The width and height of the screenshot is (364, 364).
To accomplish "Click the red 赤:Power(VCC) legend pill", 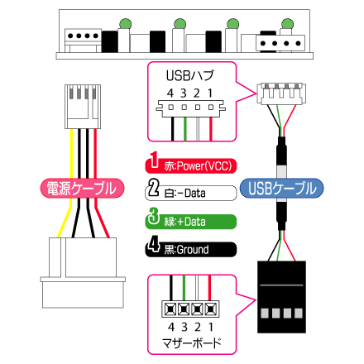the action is pos(191,165).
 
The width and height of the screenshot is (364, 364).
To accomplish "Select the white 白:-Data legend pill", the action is pos(191,193).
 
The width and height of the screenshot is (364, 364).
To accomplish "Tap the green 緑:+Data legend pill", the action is pos(191,222).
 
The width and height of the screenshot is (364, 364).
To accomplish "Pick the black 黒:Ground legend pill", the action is pos(191,249).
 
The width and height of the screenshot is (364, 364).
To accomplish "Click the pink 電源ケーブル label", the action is pos(82,188).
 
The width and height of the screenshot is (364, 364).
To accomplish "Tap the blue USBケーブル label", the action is pos(282,188).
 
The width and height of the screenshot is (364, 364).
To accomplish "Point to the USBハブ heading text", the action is pos(190,75).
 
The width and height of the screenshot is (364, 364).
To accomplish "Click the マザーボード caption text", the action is pos(192,342).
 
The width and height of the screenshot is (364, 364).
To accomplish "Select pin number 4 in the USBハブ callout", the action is pos(170,93).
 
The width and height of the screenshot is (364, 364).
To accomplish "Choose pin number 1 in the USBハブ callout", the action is pos(210,93).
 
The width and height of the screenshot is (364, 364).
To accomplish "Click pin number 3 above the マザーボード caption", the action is pos(184,327).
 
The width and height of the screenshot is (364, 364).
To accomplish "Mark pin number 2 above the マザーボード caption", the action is pos(198,327).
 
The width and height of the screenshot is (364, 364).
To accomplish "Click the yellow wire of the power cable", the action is pos(68,183).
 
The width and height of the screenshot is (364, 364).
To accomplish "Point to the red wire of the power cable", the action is pos(99,183).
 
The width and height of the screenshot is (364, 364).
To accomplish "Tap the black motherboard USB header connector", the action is pos(281,297).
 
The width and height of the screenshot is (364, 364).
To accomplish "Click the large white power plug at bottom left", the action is pos(83,273).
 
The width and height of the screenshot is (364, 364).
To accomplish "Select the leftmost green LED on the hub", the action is pos(126,23).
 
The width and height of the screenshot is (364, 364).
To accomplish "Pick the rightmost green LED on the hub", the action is pos(288,24).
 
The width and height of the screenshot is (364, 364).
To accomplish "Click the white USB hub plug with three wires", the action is pos(281,93).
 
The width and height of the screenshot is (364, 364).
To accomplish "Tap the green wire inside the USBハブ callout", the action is pos(185,129).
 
